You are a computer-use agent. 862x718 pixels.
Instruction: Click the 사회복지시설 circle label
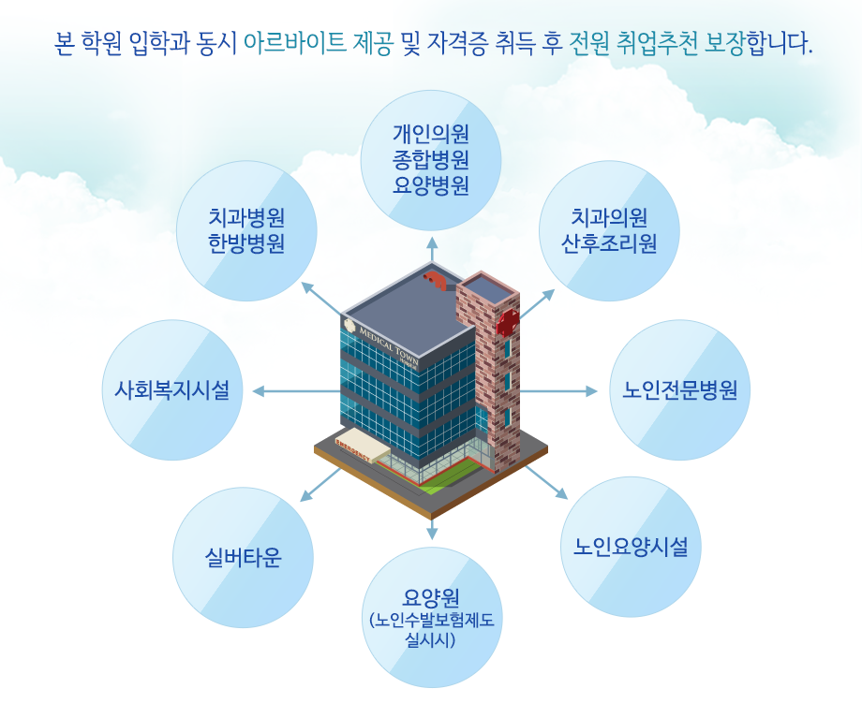tap(172, 390)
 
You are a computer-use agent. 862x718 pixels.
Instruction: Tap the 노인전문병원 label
tap(679, 390)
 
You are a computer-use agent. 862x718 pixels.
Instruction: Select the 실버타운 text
tap(243, 558)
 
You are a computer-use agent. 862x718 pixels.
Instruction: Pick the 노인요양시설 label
tap(631, 547)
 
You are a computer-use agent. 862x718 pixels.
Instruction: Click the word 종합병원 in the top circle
tap(430, 160)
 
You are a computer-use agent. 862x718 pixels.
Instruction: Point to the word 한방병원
tap(246, 243)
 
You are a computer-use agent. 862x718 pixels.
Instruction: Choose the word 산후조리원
tap(609, 243)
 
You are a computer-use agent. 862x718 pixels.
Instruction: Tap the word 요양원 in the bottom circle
tap(431, 597)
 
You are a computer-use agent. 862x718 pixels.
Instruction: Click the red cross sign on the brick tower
tap(508, 322)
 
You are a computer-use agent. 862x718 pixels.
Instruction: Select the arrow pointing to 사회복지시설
tap(296, 391)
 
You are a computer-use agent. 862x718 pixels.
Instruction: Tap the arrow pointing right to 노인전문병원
tap(558, 391)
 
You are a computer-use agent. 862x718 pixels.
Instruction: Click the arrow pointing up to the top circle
tap(432, 250)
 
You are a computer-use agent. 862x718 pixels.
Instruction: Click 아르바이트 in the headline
tap(294, 43)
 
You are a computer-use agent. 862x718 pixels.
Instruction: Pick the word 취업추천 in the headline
tap(658, 43)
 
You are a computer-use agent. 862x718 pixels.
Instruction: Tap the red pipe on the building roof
tap(437, 279)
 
